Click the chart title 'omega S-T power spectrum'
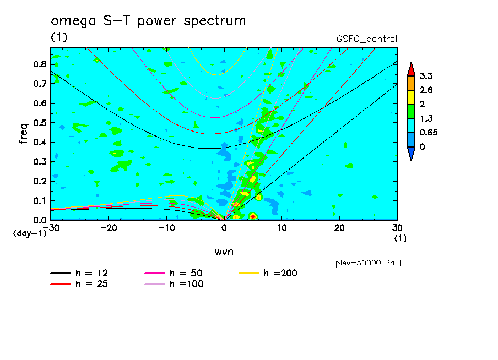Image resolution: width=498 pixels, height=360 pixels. click(148, 21)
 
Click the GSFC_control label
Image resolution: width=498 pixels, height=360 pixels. click(366, 39)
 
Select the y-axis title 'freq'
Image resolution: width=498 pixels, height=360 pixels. click(23, 133)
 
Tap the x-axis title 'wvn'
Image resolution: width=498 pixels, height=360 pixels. click(224, 252)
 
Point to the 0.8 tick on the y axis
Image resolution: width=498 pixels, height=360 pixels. click(40, 64)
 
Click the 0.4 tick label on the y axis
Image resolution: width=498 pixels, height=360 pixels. click(40, 142)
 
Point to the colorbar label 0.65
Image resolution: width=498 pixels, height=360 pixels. click(428, 132)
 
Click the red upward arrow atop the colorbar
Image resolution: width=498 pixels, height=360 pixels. click(410, 69)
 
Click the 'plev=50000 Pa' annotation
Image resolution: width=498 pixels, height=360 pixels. click(365, 263)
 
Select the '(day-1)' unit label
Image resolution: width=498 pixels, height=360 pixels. click(29, 233)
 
